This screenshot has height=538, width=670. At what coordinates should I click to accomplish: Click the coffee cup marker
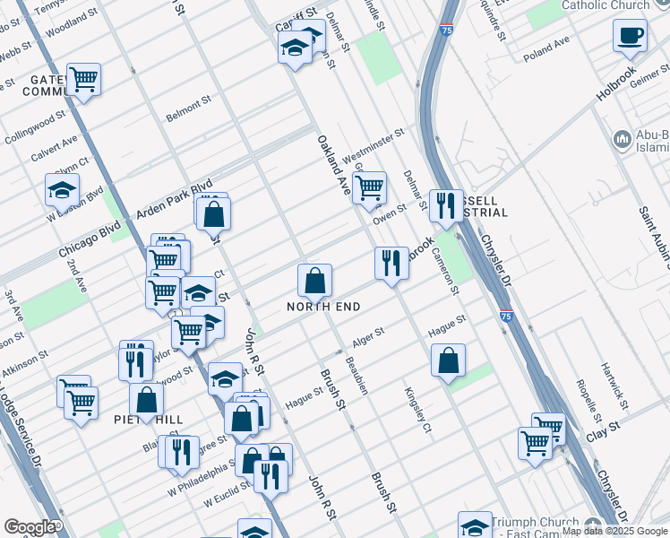click(630, 36)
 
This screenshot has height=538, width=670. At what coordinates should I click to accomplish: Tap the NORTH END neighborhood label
click(323, 307)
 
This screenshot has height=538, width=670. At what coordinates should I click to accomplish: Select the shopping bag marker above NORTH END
click(314, 282)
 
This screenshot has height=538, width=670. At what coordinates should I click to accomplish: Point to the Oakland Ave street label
click(332, 165)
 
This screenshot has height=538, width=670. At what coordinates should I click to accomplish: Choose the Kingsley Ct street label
click(418, 410)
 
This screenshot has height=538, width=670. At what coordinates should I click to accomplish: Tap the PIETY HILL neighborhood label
click(149, 420)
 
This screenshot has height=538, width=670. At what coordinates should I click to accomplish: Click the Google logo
click(30, 527)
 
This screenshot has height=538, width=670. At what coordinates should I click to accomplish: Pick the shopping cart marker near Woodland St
click(83, 79)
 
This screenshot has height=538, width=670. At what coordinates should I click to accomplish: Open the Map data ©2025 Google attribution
click(614, 531)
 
